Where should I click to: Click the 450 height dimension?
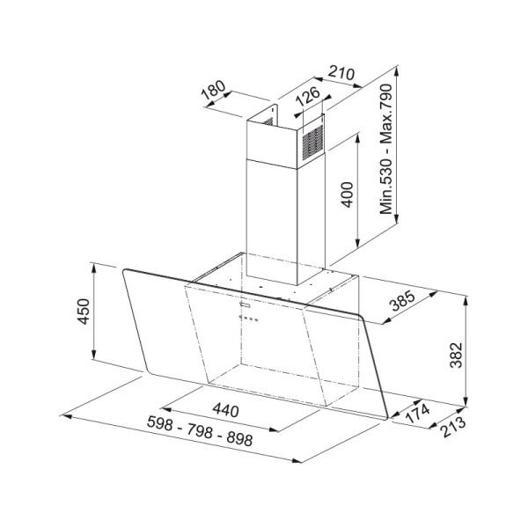pyautogui.click(x=84, y=312)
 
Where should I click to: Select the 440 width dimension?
pyautogui.click(x=226, y=410)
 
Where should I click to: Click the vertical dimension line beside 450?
pyautogui.click(x=94, y=313)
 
